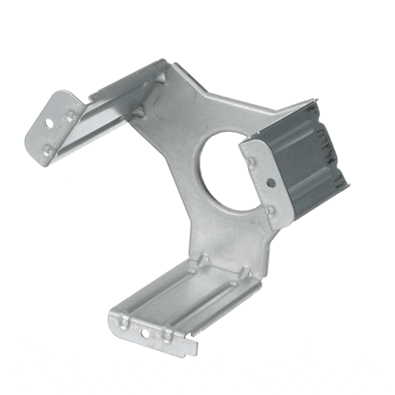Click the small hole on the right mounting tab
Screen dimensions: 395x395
271,183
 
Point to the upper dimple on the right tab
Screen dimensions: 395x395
252,162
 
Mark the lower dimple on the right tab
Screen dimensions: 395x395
273,210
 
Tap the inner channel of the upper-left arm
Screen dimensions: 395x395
111,118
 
